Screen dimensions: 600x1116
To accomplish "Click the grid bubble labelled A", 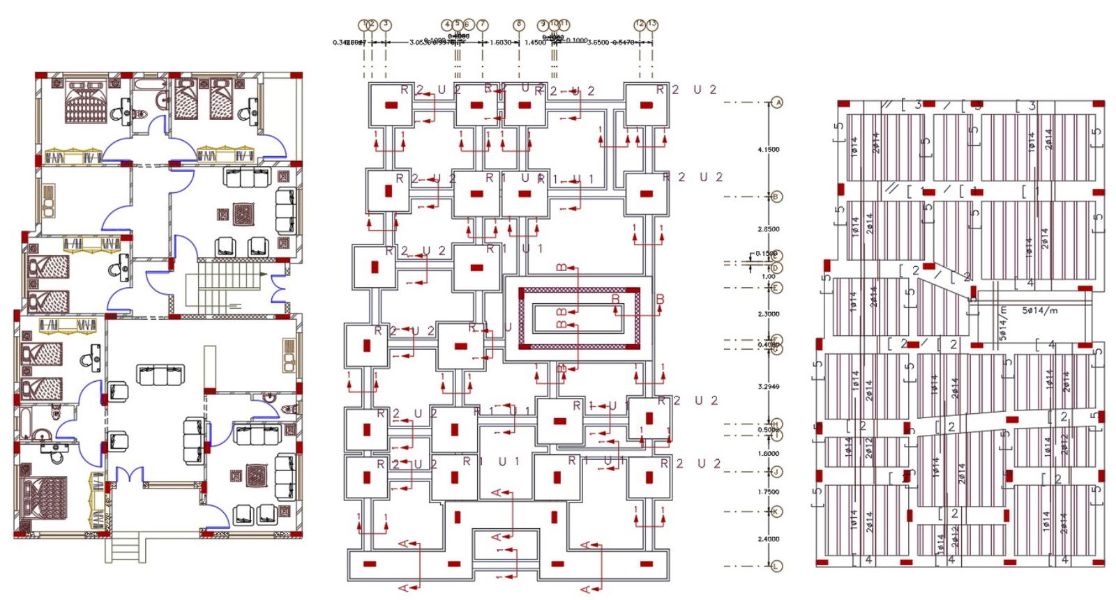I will [777, 102].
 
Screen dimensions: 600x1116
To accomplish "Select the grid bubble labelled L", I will [777, 566].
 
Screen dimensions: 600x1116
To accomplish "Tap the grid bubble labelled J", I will [777, 472].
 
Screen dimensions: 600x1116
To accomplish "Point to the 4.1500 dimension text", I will [768, 150].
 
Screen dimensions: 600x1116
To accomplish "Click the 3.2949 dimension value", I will [768, 386].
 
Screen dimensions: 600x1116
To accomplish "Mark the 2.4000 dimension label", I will [768, 539].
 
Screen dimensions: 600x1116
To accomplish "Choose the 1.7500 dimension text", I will [768, 491].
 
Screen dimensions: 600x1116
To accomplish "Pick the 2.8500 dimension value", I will [768, 229].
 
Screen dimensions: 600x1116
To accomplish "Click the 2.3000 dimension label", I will [768, 314].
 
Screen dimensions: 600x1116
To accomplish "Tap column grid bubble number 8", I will [518, 24].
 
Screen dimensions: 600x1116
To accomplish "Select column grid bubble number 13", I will [652, 24].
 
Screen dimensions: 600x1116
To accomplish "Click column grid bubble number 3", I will [386, 25].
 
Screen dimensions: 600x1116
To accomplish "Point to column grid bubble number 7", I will [482, 25].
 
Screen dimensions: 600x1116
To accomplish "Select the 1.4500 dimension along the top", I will [535, 43].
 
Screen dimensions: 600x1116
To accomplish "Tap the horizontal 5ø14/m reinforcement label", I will [1039, 311].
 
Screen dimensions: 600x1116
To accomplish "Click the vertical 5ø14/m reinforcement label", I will [1003, 323].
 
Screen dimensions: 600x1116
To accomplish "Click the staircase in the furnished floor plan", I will [225, 286].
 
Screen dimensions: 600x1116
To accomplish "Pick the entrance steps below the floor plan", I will [126, 548].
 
